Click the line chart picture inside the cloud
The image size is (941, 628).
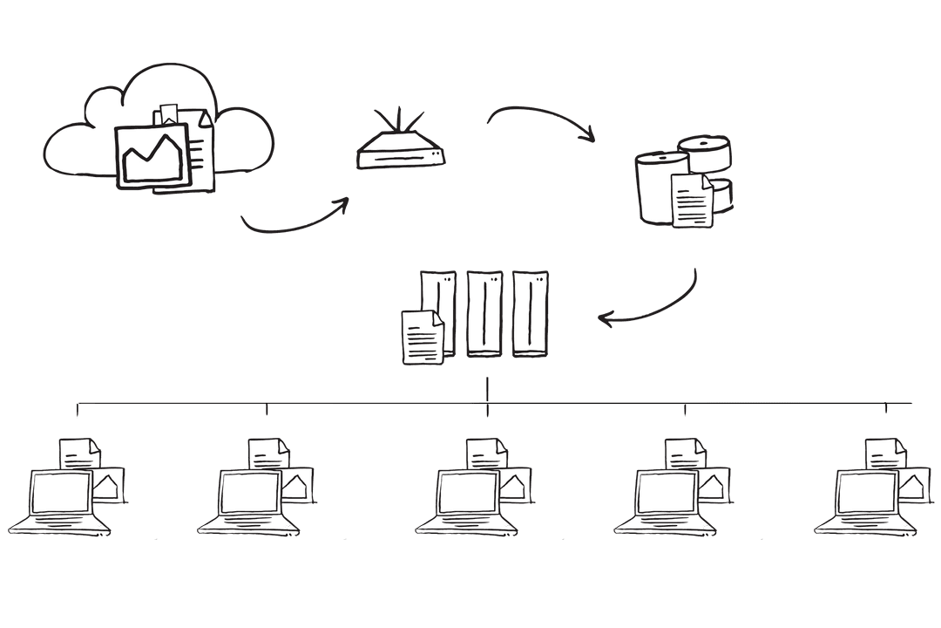pyautogui.click(x=154, y=156)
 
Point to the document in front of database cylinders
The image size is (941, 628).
pyautogui.click(x=691, y=200)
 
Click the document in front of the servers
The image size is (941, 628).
pyautogui.click(x=422, y=336)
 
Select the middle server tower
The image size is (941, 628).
pyautogui.click(x=485, y=312)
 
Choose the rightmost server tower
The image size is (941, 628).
pyautogui.click(x=531, y=312)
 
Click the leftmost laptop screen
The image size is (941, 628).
pyautogui.click(x=61, y=494)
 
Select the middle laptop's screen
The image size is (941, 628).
pyautogui.click(x=468, y=494)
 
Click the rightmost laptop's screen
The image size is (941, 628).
pyautogui.click(x=866, y=494)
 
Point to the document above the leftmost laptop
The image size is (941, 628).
pyautogui.click(x=79, y=453)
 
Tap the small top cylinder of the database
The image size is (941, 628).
pyautogui.click(x=705, y=153)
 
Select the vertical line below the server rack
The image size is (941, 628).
pyautogui.click(x=487, y=391)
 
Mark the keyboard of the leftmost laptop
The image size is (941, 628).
pyautogui.click(x=59, y=525)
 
